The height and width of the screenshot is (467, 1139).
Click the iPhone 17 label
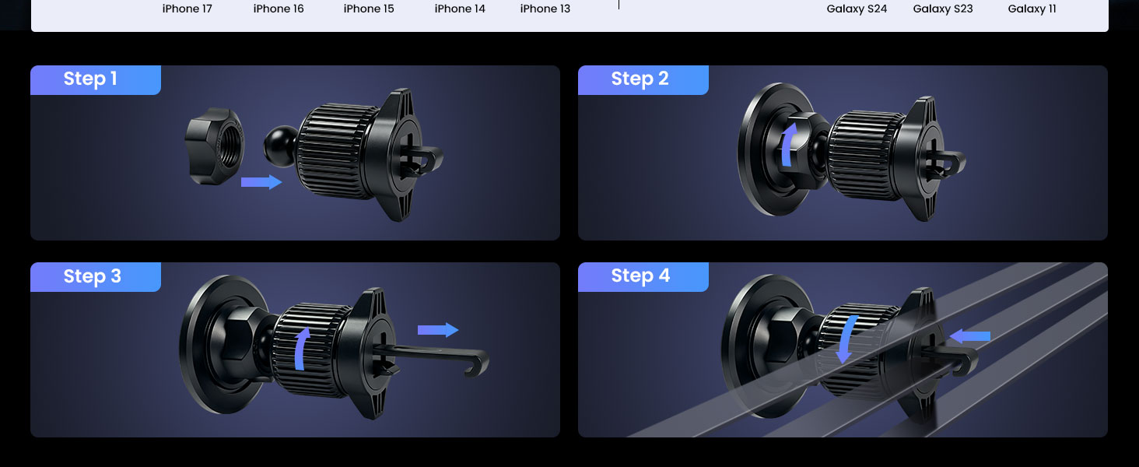187,9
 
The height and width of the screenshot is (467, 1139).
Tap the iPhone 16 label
279,9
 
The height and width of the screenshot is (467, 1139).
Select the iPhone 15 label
369,9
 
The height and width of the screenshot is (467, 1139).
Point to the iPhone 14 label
460,9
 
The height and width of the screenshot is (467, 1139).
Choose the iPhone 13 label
545,9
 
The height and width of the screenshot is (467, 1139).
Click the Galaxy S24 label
857,9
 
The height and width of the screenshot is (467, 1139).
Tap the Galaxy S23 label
943,9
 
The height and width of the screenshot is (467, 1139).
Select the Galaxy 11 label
1032,9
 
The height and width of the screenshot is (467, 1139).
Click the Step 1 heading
90,79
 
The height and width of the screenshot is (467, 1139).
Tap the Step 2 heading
640,79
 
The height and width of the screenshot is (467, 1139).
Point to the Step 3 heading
92,276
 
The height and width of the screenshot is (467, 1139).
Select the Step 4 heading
640,276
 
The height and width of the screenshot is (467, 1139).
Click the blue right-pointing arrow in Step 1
261,181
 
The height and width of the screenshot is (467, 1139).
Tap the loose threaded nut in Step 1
214,146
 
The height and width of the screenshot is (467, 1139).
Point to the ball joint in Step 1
280,146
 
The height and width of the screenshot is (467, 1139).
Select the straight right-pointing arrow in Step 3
438,330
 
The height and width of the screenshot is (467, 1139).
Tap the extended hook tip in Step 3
477,363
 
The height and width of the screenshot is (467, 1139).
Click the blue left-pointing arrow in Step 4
969,336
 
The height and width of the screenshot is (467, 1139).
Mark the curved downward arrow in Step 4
846,339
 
